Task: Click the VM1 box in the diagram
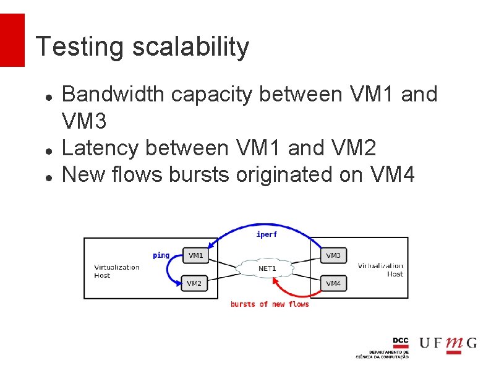coord(195,255)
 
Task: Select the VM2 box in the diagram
coord(194,283)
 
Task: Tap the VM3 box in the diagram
coord(333,255)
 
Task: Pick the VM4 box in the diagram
coord(333,283)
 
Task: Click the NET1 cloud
coord(267,268)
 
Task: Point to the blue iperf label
coord(267,234)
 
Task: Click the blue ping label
coord(161,255)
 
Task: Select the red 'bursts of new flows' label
coord(270,304)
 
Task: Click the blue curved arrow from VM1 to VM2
coord(166,275)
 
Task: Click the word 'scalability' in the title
coord(190,47)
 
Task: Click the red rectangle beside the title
coord(12,40)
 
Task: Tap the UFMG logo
coord(448,344)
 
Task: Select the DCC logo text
coord(401,341)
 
